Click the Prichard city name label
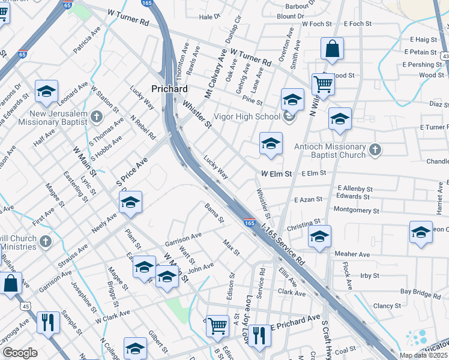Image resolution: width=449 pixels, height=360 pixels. tap(170, 88)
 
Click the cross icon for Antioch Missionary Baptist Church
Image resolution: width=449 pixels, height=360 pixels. tap(375, 150)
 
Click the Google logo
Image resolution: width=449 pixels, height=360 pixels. tap(19, 352)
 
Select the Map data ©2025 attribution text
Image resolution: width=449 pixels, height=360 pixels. tap(423, 355)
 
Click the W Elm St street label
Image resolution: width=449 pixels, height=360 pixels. tap(277, 173)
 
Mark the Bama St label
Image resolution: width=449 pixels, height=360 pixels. tap(214, 212)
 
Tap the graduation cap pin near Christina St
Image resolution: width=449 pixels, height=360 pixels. tap(319, 236)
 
